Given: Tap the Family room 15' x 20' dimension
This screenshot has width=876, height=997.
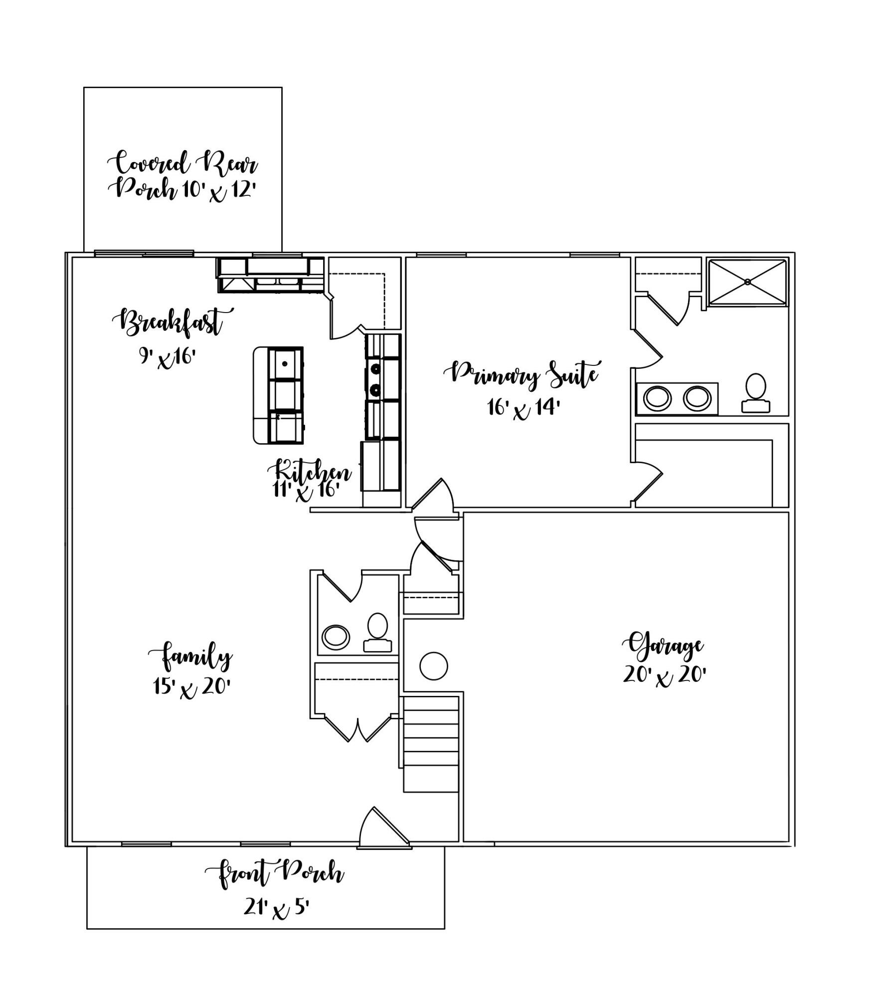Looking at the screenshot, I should pos(191,688).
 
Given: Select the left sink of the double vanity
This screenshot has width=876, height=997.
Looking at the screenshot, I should pos(657,399).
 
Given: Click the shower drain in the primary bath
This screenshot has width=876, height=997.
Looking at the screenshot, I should pos(747,282).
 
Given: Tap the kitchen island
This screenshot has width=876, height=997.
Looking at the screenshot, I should pos(279,395).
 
